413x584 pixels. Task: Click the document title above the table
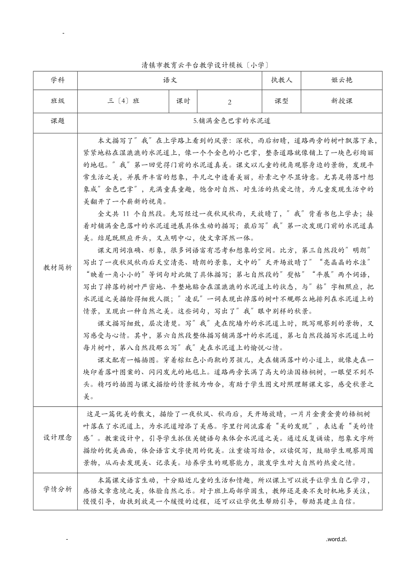(x=205, y=65)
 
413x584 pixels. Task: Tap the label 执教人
(x=281, y=80)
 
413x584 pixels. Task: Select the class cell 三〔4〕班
(x=123, y=101)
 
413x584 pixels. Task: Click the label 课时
(x=183, y=101)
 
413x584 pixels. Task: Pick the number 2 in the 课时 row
(x=229, y=102)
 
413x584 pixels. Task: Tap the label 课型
(x=281, y=101)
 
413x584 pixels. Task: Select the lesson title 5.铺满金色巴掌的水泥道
(x=230, y=121)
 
